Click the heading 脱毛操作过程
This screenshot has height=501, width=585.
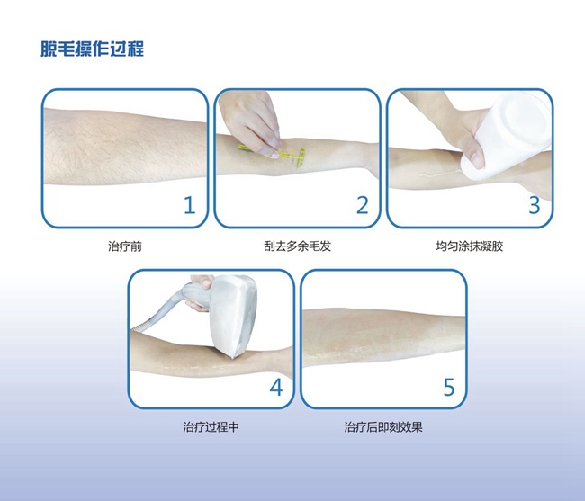(92, 49)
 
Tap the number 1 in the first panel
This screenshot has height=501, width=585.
(190, 205)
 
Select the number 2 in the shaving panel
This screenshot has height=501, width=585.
(363, 205)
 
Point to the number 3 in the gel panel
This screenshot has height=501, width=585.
(535, 205)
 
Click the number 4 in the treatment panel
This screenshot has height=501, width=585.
(276, 388)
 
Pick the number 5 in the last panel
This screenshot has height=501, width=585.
(449, 388)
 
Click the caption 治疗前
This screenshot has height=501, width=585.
(125, 246)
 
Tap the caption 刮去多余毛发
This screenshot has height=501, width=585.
(297, 246)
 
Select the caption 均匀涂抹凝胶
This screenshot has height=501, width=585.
(469, 246)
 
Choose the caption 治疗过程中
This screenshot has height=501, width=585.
(211, 427)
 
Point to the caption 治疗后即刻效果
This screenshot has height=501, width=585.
(383, 427)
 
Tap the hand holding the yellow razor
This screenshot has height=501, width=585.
(251, 122)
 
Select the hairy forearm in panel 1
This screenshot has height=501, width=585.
(125, 147)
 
